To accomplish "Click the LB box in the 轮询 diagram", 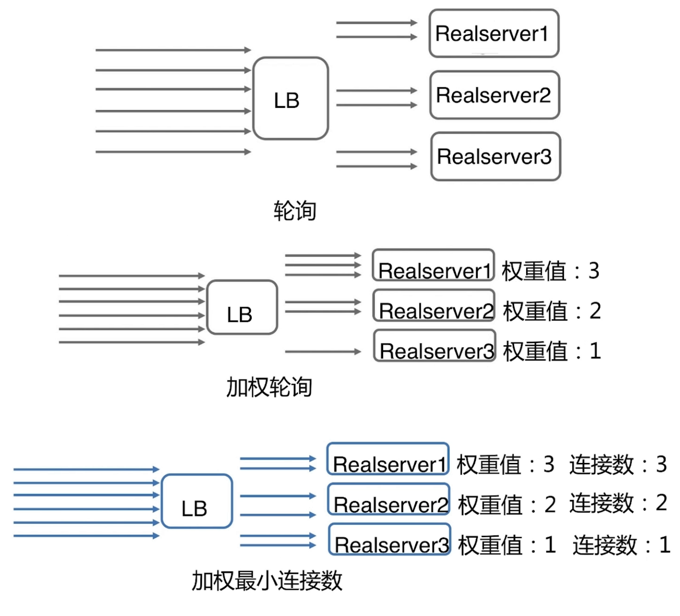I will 290,98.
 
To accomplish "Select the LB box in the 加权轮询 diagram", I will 242,308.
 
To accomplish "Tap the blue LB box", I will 197,501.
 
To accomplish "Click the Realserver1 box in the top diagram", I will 494,34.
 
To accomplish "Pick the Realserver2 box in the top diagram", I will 495,95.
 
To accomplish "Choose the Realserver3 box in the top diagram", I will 495,157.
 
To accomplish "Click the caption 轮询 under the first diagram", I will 295,210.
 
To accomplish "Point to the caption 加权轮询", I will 269,387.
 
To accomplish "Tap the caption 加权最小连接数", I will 267,581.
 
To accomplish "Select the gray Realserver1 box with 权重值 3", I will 433,266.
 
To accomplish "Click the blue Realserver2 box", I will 389,499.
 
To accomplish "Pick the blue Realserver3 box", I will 390,539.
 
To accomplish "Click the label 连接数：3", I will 618,464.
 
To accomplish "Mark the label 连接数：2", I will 618,503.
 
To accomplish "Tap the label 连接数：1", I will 621,545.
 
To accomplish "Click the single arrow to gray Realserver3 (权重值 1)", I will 323,351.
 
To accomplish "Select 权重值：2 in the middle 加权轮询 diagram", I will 552,311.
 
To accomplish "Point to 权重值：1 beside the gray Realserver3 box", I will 552,351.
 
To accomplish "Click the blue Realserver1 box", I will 388,459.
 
